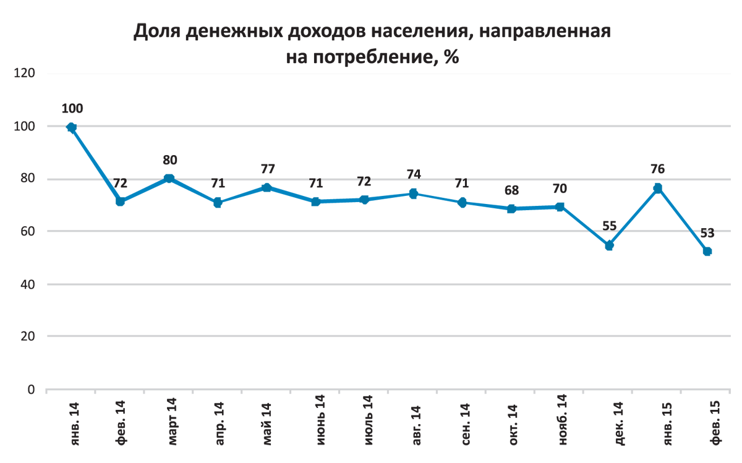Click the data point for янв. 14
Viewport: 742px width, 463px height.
(x=72, y=128)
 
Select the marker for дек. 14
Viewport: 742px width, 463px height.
(x=609, y=245)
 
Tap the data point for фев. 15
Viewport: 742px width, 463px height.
(x=707, y=251)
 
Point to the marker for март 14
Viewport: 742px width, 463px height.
(x=169, y=179)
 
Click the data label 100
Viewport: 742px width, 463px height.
(x=72, y=109)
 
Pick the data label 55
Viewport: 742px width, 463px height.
(x=609, y=227)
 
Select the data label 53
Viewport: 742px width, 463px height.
(x=707, y=233)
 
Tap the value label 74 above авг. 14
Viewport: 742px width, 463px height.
(x=413, y=175)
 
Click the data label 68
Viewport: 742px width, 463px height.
(x=511, y=190)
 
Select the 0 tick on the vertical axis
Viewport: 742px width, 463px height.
(x=32, y=389)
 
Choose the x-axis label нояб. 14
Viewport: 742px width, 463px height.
(x=561, y=420)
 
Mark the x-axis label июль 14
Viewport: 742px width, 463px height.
(x=365, y=420)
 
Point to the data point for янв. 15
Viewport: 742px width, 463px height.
(x=658, y=188)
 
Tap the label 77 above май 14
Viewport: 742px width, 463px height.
(x=267, y=168)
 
